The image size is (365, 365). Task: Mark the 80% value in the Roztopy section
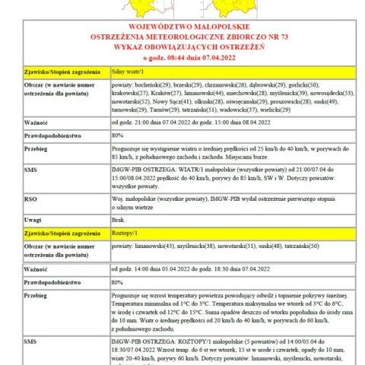click(x=118, y=281)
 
